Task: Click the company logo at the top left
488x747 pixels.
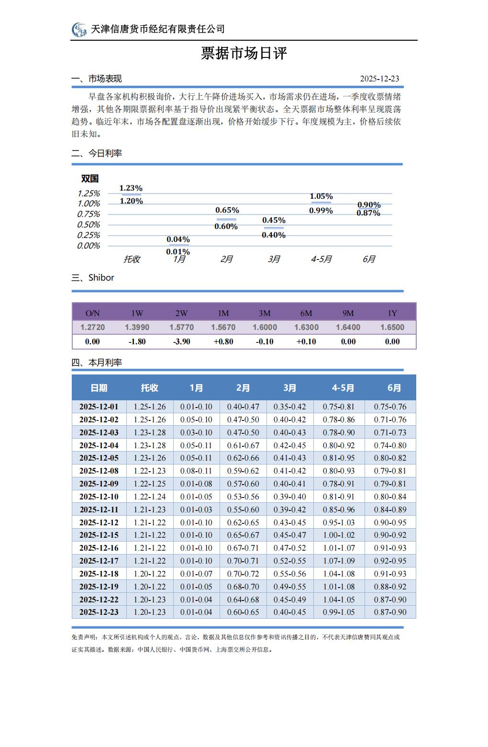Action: coord(79,30)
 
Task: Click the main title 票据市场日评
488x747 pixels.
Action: coord(244,53)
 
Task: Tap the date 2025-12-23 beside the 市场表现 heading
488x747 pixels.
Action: coord(379,79)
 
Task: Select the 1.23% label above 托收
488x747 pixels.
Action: coord(131,188)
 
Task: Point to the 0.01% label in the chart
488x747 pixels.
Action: coord(178,251)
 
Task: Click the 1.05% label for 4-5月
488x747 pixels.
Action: coord(321,196)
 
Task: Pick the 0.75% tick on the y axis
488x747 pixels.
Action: coord(89,214)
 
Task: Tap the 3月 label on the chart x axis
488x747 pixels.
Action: coord(274,259)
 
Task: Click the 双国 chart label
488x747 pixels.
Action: coord(90,179)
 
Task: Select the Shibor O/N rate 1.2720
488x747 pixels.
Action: coord(92,327)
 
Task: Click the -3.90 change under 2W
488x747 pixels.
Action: coord(181,341)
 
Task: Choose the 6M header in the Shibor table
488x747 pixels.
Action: coord(306,313)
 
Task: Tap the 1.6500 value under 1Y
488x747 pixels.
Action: coord(392,327)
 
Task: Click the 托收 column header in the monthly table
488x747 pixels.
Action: coord(149,388)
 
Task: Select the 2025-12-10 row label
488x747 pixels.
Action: coord(99,497)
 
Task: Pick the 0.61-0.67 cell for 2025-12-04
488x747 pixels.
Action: coord(243,445)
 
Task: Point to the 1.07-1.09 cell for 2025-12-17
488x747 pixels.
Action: coord(339,561)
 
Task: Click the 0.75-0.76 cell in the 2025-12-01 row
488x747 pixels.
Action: coord(390,407)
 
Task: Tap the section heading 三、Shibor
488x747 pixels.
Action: coord(93,278)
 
